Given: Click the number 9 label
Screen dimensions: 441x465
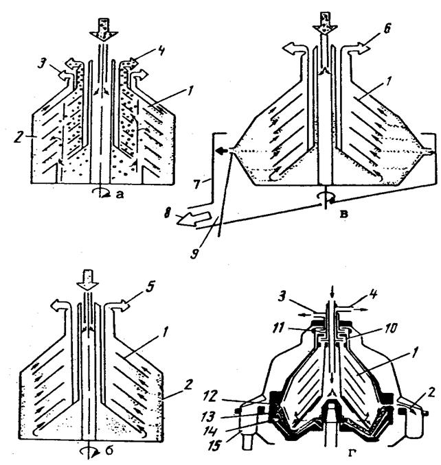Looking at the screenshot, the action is [x=195, y=254].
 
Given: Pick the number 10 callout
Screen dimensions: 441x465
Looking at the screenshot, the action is [x=392, y=329].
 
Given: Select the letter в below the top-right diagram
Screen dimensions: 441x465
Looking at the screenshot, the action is [x=343, y=214].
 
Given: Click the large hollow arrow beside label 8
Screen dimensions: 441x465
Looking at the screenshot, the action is [x=194, y=219].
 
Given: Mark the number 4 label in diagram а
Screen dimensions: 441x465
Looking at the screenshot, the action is [x=161, y=51].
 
